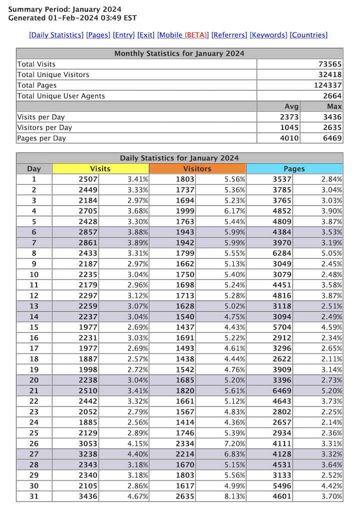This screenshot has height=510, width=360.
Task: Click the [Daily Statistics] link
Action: coord(56,35)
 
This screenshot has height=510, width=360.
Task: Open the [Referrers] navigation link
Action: coord(229,35)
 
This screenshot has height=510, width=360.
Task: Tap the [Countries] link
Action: coord(308,35)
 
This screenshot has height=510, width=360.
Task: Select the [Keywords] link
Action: coord(268,35)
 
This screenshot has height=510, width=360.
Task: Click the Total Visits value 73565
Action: coord(330,64)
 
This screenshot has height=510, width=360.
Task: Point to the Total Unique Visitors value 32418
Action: coord(330,74)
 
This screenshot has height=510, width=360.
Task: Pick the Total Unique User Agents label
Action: coord(61,96)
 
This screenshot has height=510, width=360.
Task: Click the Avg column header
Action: coord(291,106)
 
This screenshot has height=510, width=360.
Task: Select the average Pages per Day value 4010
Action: coord(290,138)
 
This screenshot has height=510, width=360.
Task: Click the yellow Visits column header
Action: coord(100,169)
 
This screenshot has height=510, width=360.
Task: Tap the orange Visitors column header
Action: coord(197,169)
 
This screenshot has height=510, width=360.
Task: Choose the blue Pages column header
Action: coord(294,169)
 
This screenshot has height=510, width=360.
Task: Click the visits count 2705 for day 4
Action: coord(88,211)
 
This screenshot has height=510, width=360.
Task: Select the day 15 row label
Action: coord(34,327)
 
